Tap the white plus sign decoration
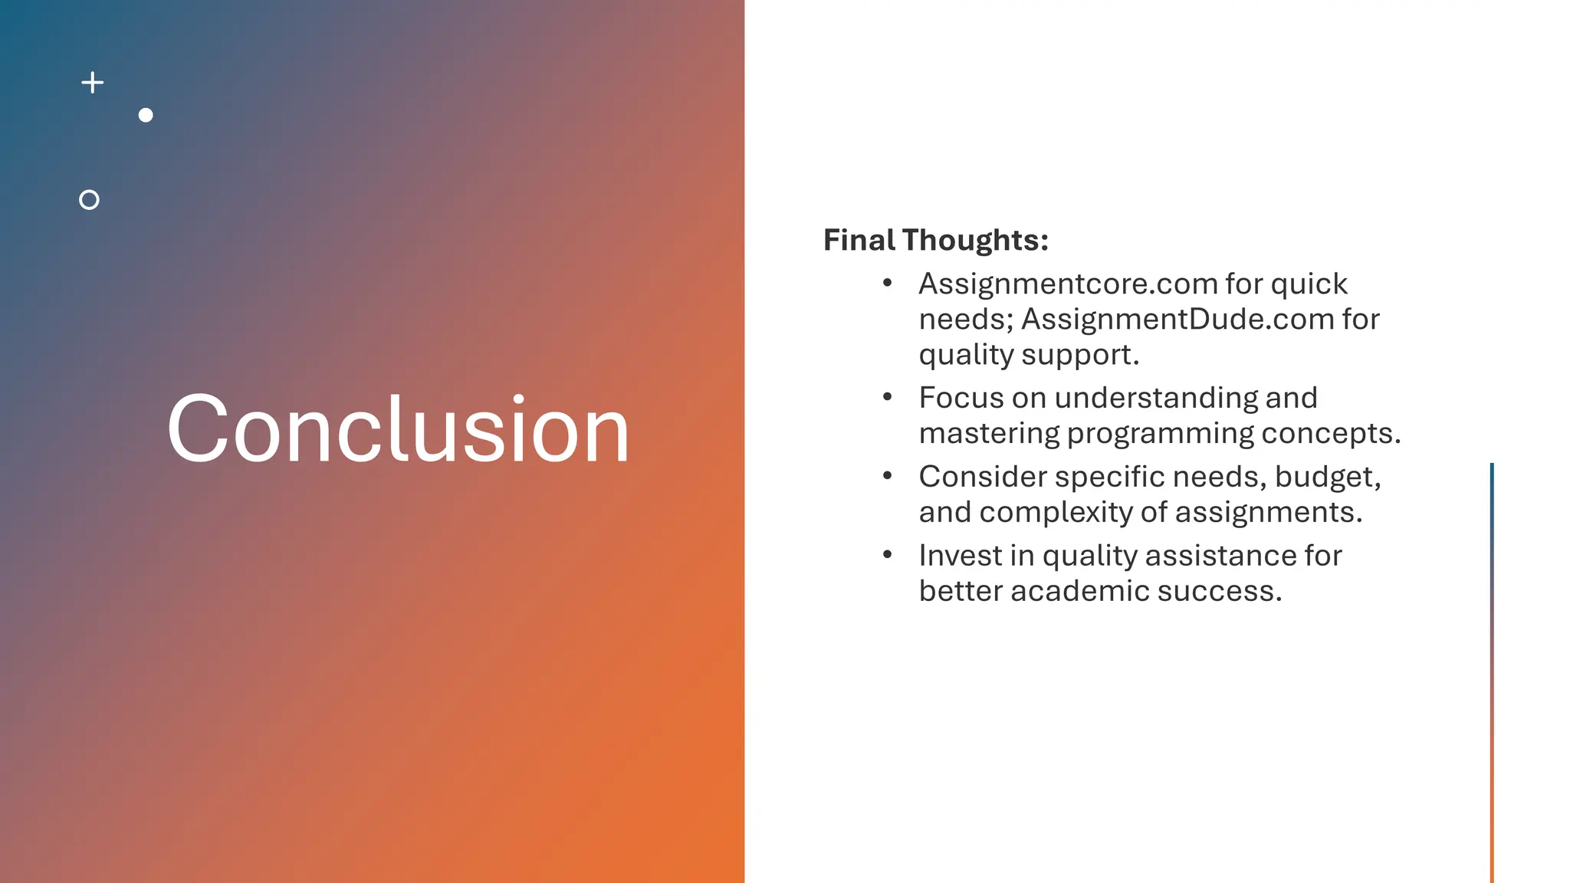pos(93,83)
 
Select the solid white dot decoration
pos(146,115)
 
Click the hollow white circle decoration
pos(89,200)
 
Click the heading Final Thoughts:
pos(935,240)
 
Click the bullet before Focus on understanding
pos(887,397)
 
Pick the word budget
pos(1327,477)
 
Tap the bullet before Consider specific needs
pos(887,476)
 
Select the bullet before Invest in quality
pos(887,555)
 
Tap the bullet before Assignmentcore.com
pos(887,284)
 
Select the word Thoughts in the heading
pos(974,240)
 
